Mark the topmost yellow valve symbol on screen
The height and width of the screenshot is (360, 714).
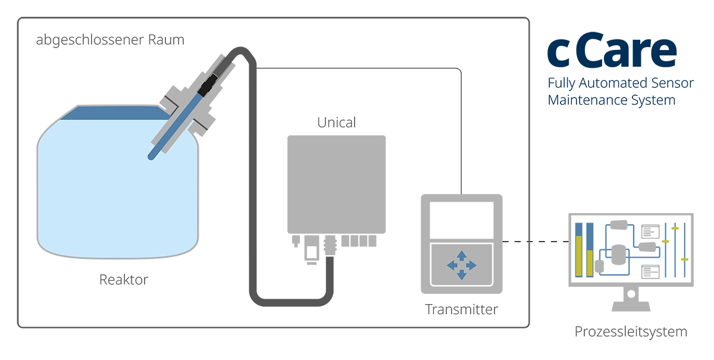pyautogui.click(x=675, y=228)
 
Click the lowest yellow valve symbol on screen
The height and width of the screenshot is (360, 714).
pyautogui.click(x=684, y=259)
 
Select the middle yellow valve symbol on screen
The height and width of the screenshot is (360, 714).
pyautogui.click(x=667, y=242)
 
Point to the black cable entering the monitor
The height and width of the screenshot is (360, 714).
pyautogui.click(x=535, y=242)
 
